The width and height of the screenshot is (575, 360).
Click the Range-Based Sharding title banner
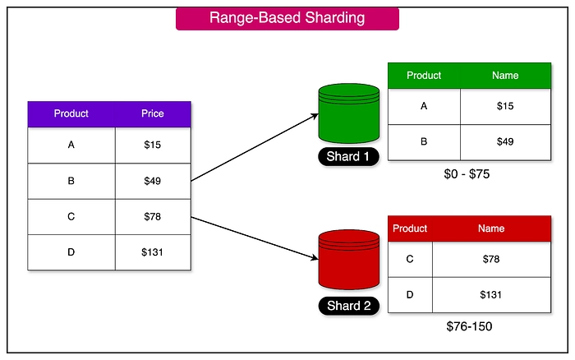tap(287, 17)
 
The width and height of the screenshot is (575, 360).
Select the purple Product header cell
tap(71, 114)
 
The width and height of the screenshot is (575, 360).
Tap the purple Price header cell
tap(152, 114)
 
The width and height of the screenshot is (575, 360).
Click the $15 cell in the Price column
tap(152, 145)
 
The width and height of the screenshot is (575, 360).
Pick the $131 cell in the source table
tap(152, 252)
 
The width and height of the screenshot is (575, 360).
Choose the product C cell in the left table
tap(71, 217)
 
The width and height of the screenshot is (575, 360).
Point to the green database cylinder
tap(348, 116)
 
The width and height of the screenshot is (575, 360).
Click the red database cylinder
tap(348, 260)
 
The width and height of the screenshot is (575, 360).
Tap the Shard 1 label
tap(348, 157)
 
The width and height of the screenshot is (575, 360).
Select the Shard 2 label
tap(348, 307)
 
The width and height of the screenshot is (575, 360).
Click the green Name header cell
tap(505, 76)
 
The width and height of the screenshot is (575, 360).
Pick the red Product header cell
tap(410, 228)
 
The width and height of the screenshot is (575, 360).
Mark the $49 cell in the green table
tap(505, 141)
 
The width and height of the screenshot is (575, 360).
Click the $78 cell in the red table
tap(491, 260)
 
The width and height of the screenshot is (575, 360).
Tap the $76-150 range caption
tap(469, 327)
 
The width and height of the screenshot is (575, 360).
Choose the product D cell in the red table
tap(410, 294)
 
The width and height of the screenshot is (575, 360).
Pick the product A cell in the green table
tap(424, 107)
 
